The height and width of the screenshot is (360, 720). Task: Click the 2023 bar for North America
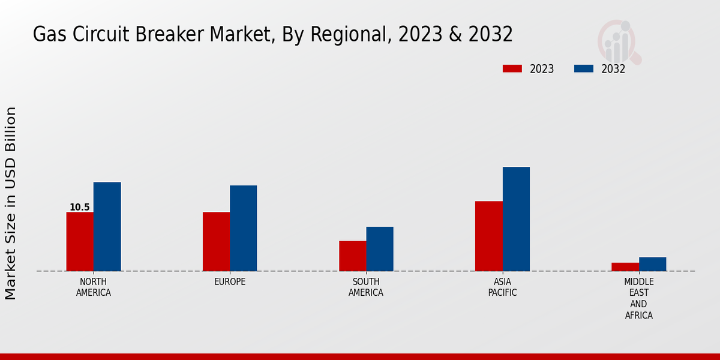coord(80,241)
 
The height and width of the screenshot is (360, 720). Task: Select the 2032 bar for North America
coord(107,226)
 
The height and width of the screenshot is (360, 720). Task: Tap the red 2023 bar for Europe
coord(216,241)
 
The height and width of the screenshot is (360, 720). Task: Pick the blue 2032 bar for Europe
coord(243,228)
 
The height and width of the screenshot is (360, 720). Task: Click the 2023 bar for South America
coord(352,256)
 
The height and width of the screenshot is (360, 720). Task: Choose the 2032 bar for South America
coord(380,248)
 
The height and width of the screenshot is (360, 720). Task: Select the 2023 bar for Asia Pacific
coord(488,236)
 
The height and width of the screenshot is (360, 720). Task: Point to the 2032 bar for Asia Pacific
coord(516,218)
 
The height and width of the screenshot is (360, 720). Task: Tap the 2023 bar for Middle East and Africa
coord(625,266)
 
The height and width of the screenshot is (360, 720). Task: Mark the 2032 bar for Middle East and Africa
coord(652,264)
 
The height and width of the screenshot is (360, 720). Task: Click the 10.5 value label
coord(79,208)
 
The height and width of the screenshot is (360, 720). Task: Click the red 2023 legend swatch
coord(512,68)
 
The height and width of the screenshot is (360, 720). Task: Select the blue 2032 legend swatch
coord(583,68)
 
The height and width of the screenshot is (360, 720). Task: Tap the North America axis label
coord(94,287)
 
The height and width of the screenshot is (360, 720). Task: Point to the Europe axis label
coord(230,282)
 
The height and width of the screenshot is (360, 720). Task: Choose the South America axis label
coord(366,287)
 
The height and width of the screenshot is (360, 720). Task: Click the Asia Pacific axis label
coord(502,287)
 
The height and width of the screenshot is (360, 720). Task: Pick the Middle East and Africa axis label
coord(638,298)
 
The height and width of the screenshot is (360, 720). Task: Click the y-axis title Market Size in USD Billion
coord(11,203)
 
